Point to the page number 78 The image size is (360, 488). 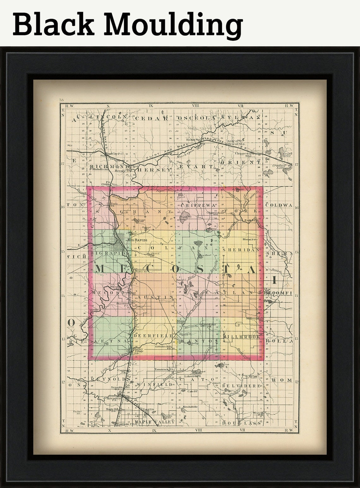tap(61, 100)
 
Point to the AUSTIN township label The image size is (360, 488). tap(154, 297)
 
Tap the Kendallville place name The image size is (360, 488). tap(190, 407)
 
